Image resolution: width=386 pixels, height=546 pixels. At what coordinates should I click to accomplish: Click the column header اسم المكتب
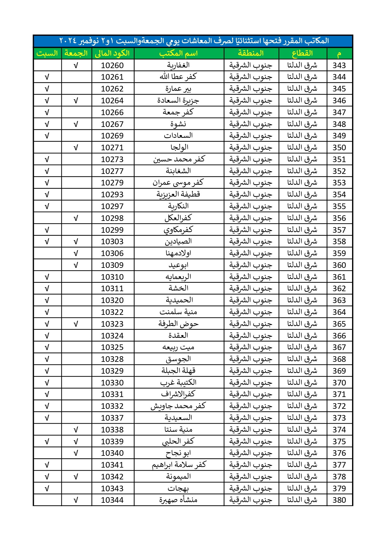179,54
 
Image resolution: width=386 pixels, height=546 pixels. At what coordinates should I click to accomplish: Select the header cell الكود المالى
112,54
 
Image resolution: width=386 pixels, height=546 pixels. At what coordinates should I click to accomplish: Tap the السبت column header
47,54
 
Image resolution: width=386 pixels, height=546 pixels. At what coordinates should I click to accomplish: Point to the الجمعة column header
76,54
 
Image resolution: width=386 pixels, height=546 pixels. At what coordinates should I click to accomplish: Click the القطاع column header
302,54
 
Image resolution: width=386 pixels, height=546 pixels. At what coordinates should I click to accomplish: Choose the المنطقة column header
251,54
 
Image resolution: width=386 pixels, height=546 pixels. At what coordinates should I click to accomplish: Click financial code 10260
112,65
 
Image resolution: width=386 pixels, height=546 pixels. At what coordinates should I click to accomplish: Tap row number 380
339,500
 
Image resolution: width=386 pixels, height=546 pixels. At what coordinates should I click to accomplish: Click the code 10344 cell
112,500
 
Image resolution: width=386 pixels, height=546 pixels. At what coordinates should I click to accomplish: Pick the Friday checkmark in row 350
76,148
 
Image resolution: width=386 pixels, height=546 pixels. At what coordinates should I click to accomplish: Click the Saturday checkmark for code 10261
47,77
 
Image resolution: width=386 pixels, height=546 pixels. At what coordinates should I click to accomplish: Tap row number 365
339,324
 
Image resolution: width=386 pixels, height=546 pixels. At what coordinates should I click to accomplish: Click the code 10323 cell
112,324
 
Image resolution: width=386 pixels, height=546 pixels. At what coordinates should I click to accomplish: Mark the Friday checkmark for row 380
76,500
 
